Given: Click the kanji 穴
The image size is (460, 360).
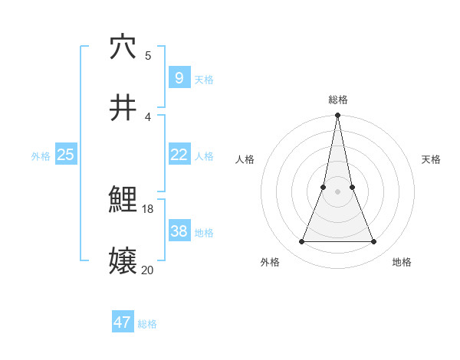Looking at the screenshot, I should (123, 47).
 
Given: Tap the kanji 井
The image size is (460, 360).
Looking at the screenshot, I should (123, 108).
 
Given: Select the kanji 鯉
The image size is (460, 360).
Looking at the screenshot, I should (123, 200).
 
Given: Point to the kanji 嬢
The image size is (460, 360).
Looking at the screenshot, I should (123, 261).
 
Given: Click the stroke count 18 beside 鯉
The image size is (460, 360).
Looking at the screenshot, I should (148, 208).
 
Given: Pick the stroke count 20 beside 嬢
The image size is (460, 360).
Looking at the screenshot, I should (148, 269).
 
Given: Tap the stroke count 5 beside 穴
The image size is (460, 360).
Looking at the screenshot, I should (148, 55).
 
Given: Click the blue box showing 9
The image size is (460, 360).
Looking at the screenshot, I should (179, 78).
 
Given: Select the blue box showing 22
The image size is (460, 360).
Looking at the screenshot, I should (179, 155).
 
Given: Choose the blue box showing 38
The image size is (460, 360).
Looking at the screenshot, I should (179, 231).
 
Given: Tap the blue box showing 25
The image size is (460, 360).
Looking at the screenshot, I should (66, 155).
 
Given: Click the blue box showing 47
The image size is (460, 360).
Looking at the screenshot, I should (123, 322).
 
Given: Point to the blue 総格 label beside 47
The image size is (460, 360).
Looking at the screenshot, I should (147, 324).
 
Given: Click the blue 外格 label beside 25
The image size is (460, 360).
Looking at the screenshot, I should (41, 156).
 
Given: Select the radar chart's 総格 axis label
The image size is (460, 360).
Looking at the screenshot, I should (337, 100).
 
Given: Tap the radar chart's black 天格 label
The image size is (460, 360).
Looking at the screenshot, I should (431, 159).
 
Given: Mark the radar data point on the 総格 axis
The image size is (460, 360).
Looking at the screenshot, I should (337, 116).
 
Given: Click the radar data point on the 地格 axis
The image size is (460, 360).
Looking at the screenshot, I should (373, 242).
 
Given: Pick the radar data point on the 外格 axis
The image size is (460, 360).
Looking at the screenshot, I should (301, 242).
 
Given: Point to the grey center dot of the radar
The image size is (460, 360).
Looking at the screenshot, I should (337, 191).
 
